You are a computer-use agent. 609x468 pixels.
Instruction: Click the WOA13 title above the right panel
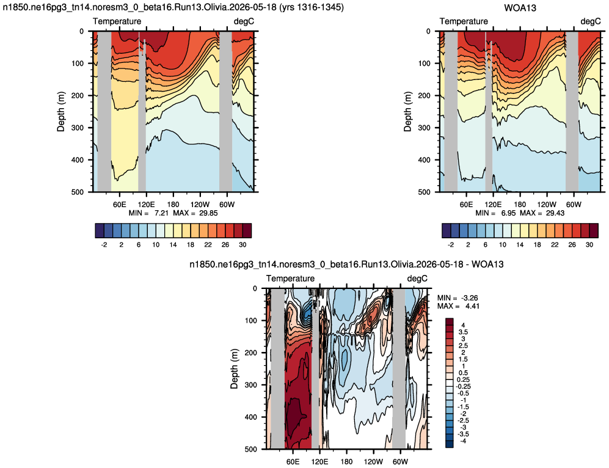[x=520, y=8]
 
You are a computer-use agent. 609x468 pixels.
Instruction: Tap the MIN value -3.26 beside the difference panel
[x=469, y=298]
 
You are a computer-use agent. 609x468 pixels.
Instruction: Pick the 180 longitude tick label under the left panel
[x=173, y=205]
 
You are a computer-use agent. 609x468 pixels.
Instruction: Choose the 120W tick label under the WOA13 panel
[x=547, y=205]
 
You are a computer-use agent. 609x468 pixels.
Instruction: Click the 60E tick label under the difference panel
[x=293, y=462]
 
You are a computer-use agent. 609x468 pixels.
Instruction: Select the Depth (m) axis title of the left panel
[x=61, y=111]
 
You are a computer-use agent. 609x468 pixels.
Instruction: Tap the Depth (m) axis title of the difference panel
[x=234, y=369]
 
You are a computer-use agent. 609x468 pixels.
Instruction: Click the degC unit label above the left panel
[x=244, y=21]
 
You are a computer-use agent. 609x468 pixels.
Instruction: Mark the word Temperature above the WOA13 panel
[x=464, y=21]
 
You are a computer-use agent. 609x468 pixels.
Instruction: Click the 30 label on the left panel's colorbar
[x=243, y=244]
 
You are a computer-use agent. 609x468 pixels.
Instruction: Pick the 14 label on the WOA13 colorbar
[x=520, y=244]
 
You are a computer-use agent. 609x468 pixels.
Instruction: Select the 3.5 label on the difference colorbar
[x=463, y=332]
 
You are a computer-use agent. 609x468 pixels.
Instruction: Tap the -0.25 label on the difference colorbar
[x=462, y=387]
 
